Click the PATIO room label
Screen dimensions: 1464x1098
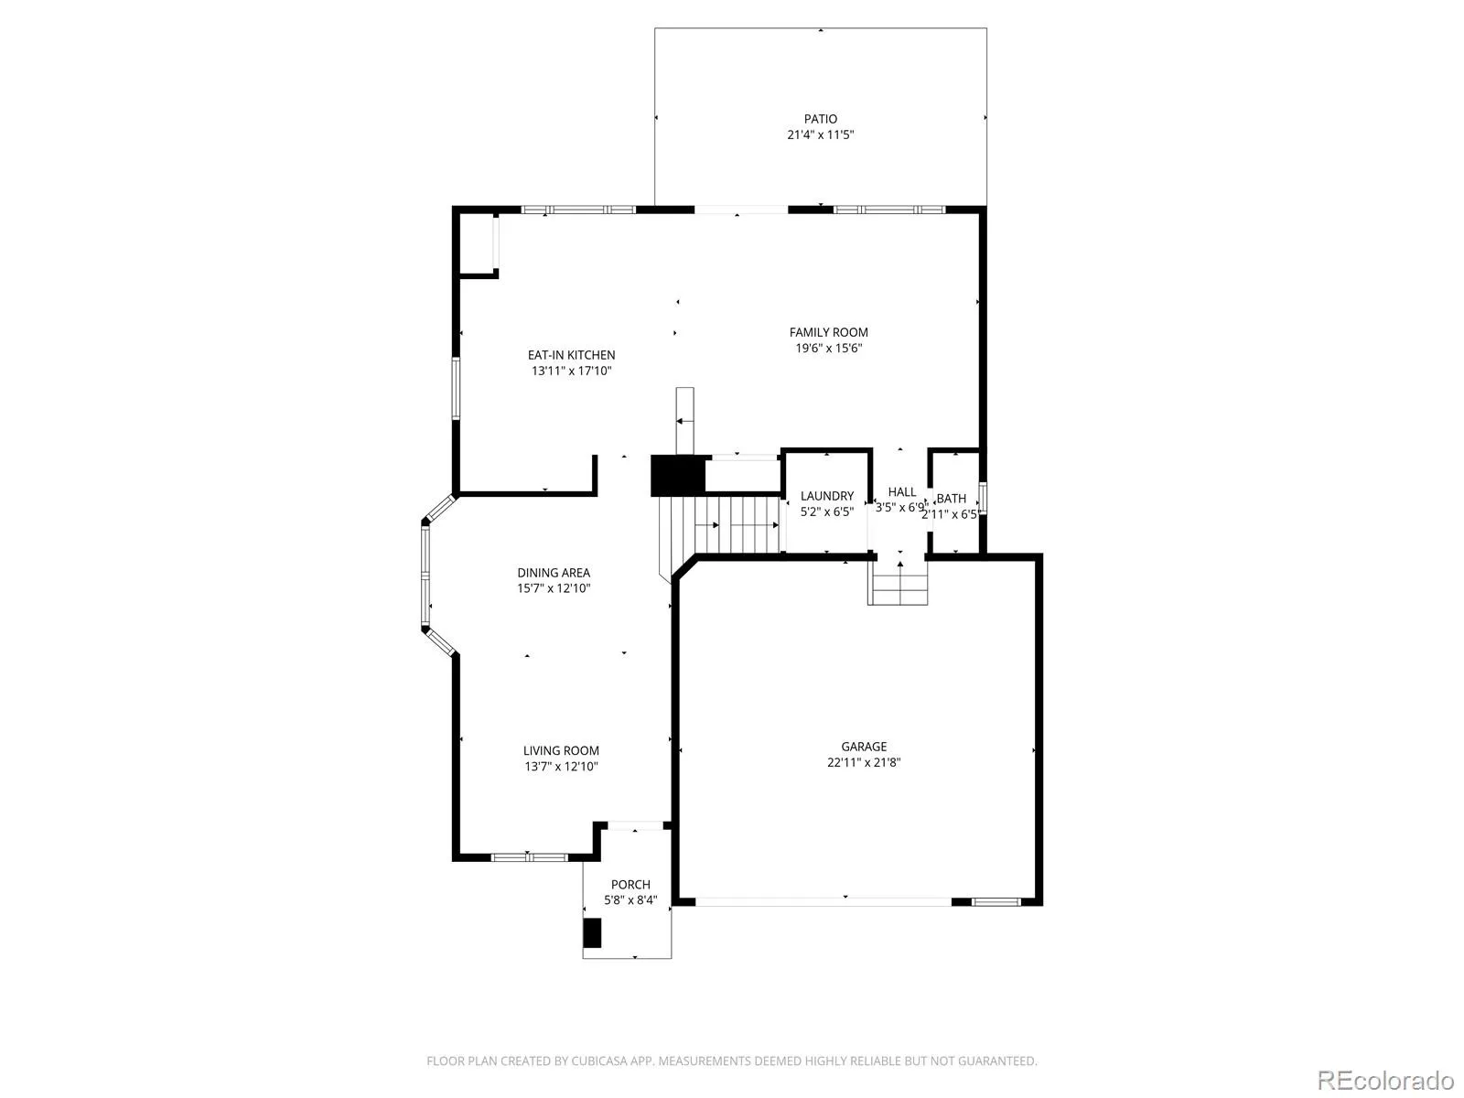pyautogui.click(x=820, y=119)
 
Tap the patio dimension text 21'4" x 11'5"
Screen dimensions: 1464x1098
pyautogui.click(x=820, y=135)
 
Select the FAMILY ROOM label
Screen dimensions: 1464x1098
pyautogui.click(x=828, y=332)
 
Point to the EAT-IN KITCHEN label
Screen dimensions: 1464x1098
pyautogui.click(x=571, y=355)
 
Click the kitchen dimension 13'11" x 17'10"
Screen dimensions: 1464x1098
pyautogui.click(x=571, y=371)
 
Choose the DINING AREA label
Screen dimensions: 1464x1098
pyautogui.click(x=554, y=573)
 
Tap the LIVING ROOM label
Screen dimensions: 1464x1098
pyautogui.click(x=561, y=750)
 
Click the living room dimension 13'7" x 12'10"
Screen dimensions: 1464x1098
pyautogui.click(x=561, y=767)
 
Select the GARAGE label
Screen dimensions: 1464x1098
pyautogui.click(x=864, y=747)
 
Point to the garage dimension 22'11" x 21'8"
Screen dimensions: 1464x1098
pyautogui.click(x=864, y=763)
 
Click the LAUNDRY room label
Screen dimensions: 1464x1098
pyautogui.click(x=827, y=496)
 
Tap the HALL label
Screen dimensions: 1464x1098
pyautogui.click(x=902, y=492)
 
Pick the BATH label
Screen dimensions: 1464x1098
pyautogui.click(x=951, y=499)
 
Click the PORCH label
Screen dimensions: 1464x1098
pyautogui.click(x=630, y=885)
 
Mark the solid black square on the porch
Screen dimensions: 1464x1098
pyautogui.click(x=592, y=933)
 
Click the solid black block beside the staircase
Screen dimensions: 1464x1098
pyautogui.click(x=678, y=475)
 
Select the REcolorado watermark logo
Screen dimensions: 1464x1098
pyautogui.click(x=1386, y=1080)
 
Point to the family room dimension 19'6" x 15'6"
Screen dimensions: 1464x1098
pyautogui.click(x=828, y=348)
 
